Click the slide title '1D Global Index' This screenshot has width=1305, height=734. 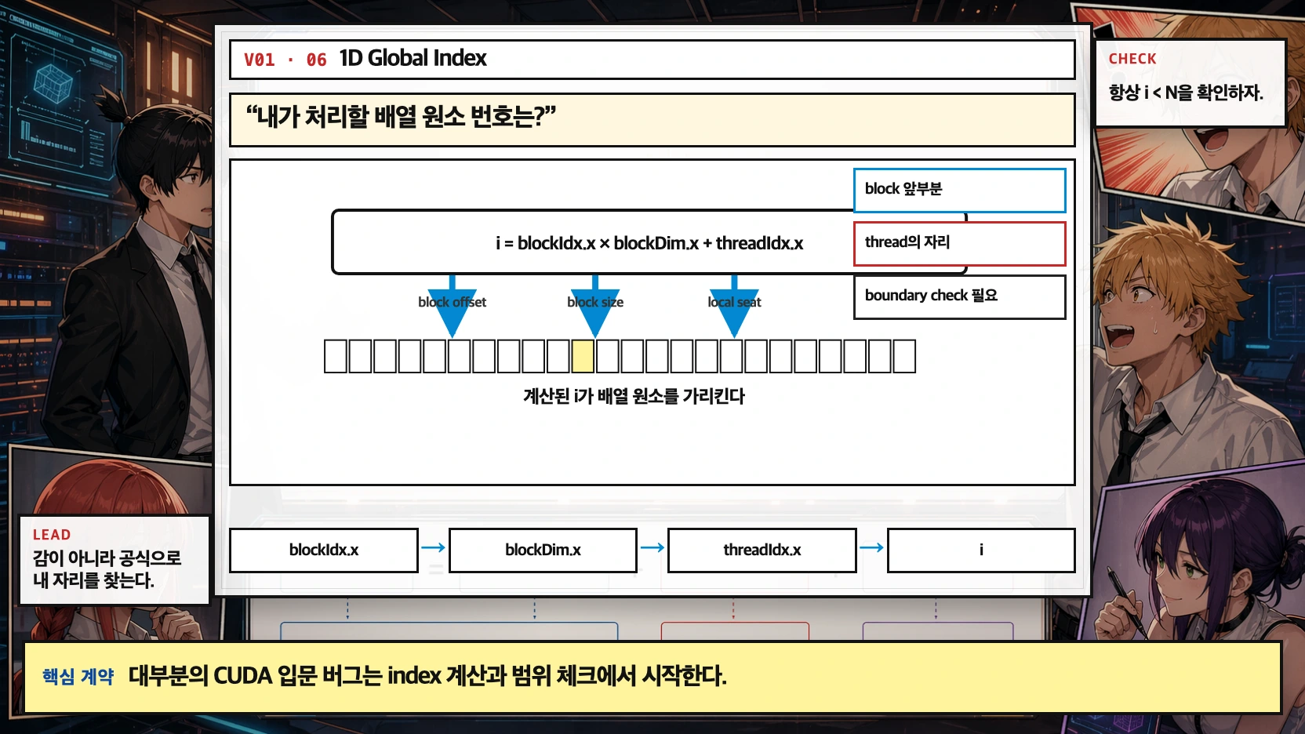click(413, 59)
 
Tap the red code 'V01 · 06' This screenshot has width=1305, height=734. click(285, 60)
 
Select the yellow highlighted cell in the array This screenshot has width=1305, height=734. click(583, 356)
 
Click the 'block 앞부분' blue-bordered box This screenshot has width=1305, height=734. click(959, 190)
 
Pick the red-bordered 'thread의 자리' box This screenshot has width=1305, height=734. click(959, 243)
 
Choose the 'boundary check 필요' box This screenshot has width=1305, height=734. click(959, 296)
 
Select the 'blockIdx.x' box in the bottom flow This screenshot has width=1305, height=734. click(323, 550)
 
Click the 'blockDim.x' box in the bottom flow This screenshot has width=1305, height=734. click(543, 550)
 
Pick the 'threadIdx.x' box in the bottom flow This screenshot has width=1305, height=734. click(762, 550)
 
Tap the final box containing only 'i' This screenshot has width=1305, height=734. click(980, 550)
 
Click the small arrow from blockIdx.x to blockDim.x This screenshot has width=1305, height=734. click(433, 548)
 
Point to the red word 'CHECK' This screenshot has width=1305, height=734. click(1132, 59)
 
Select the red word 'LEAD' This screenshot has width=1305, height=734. click(52, 535)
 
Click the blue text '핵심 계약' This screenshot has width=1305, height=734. click(78, 677)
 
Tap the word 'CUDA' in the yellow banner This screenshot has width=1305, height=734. click(242, 676)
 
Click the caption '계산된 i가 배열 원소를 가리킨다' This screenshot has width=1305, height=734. click(634, 397)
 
